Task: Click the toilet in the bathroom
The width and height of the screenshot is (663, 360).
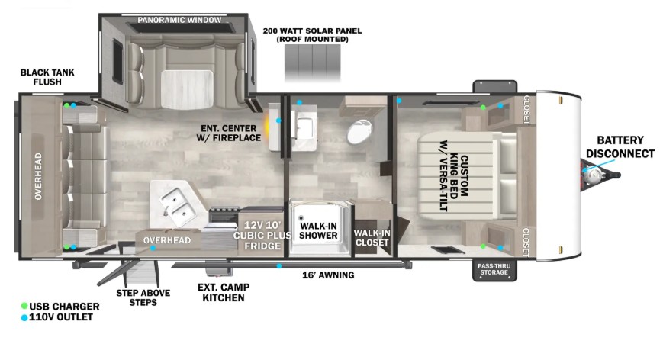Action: click(x=359, y=132)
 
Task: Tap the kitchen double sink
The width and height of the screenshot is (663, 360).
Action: click(x=178, y=207)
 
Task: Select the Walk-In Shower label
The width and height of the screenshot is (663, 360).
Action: click(x=318, y=230)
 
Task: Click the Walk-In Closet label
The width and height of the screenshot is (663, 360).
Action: click(x=372, y=237)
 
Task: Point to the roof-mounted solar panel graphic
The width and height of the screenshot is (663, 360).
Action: click(x=313, y=63)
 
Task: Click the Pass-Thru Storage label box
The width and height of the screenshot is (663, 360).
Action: click(x=494, y=269)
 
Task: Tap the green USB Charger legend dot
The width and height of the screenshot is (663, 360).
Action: click(x=24, y=306)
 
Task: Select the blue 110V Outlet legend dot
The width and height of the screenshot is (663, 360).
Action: click(x=24, y=317)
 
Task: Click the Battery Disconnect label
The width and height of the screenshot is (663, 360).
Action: click(x=620, y=146)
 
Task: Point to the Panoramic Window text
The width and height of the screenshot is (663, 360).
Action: click(x=179, y=20)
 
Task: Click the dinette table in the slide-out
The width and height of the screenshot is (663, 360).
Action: click(x=187, y=89)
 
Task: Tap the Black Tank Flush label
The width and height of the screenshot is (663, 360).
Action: click(x=47, y=77)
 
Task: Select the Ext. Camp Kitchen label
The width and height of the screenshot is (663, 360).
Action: click(x=224, y=292)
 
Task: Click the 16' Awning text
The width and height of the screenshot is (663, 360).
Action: click(x=328, y=275)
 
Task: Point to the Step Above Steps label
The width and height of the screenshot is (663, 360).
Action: click(x=143, y=297)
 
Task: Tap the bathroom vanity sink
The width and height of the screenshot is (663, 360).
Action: click(x=304, y=127)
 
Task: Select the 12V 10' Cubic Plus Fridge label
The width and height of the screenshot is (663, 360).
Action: click(x=262, y=236)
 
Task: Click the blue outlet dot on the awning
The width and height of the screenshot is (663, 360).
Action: click(x=279, y=265)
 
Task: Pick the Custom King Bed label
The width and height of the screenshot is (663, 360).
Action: click(x=453, y=175)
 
